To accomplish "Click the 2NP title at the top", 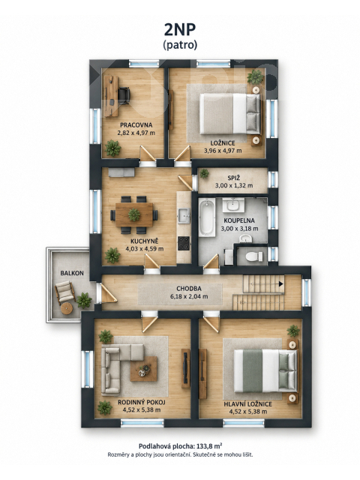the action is (x=180, y=29).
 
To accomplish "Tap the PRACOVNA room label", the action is (x=136, y=125).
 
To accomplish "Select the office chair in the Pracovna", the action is (x=124, y=95).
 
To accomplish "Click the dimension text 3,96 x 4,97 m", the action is (x=223, y=151).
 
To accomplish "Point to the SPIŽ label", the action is (x=233, y=178).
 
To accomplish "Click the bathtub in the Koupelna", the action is (x=207, y=217).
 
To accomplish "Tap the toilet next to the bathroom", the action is (x=254, y=256).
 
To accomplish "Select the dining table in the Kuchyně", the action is (x=134, y=214).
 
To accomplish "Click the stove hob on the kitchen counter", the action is (x=184, y=243).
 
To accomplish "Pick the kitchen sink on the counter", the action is (x=184, y=214).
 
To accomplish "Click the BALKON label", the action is (x=72, y=273).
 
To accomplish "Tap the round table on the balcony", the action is (x=67, y=308).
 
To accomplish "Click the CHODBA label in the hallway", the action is (x=189, y=289).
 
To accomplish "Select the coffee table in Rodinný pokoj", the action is (x=143, y=369).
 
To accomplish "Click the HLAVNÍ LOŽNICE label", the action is (x=247, y=404).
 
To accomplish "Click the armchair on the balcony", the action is (x=65, y=292).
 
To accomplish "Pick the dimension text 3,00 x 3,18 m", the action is (x=239, y=229).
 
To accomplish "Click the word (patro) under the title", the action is (x=180, y=45).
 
